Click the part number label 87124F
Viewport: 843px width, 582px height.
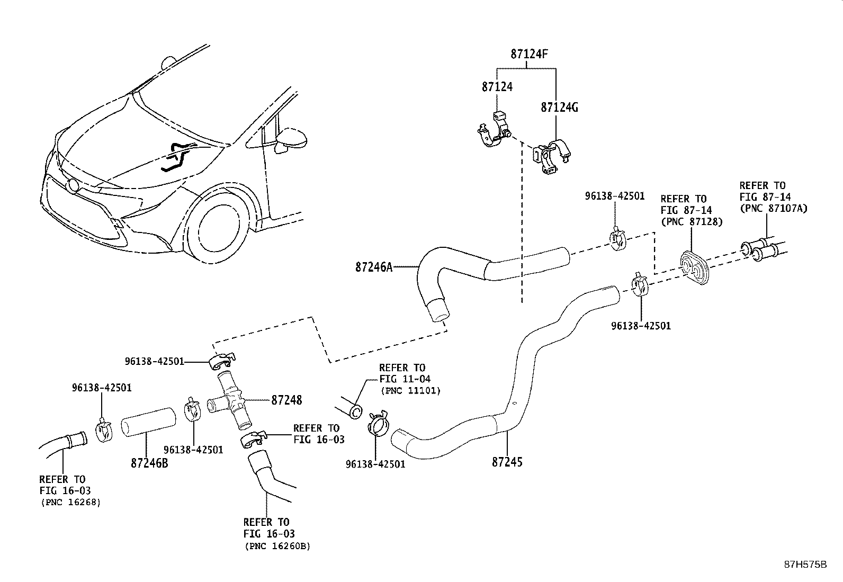[x=530, y=54]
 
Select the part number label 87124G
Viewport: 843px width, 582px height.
[x=559, y=108]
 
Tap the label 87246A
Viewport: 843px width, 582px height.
[x=374, y=267]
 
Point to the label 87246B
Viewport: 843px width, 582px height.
[x=149, y=463]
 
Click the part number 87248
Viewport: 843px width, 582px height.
[x=286, y=400]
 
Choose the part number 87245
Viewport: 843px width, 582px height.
[x=507, y=462]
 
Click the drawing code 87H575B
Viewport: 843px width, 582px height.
[x=805, y=565]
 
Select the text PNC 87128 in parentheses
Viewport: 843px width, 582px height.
[x=692, y=222]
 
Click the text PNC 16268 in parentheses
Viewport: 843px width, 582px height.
[x=70, y=502]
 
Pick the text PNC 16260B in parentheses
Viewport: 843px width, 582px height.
[x=277, y=546]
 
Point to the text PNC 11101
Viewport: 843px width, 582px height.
[x=410, y=391]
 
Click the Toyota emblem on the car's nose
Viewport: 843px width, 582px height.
[x=73, y=186]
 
